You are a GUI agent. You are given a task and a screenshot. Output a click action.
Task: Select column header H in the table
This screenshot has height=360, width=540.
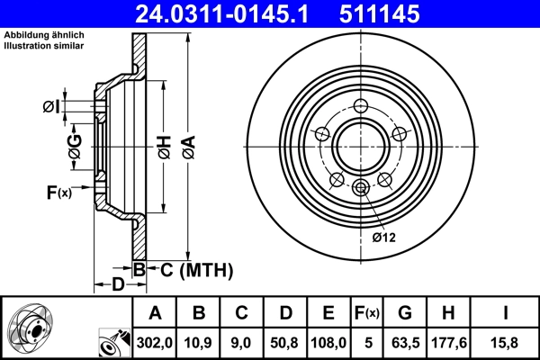point(449,313)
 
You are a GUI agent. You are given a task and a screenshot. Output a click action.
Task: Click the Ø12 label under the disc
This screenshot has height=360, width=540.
point(384,237)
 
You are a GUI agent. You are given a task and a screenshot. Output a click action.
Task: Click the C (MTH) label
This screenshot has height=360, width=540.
point(191,269)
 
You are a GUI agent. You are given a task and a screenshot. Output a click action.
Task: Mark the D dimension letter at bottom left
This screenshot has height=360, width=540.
point(117,285)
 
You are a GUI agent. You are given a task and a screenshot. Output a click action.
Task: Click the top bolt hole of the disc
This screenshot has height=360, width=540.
point(361,105)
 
